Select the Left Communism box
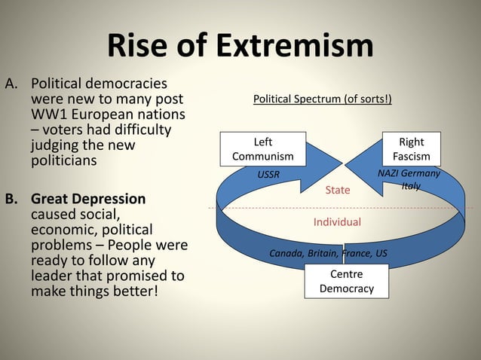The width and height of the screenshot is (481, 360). coord(262,149)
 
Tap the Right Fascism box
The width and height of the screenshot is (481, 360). coord(411,149)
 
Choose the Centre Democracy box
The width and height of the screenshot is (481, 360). coord(346,282)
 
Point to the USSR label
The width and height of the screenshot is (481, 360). coord(268,174)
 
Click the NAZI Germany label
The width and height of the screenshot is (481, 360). coord(409,173)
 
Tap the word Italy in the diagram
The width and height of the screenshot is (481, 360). coord(411,186)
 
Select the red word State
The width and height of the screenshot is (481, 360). coord(338,190)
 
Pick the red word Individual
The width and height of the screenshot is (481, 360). coord(337,222)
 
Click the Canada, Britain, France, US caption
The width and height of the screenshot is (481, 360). coord(328,253)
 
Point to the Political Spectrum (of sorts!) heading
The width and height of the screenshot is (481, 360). coord(322,99)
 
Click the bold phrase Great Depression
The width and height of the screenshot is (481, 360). coord(88,200)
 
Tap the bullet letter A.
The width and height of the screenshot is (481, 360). coord(11,83)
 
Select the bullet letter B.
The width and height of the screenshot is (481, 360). coord(11,200)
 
